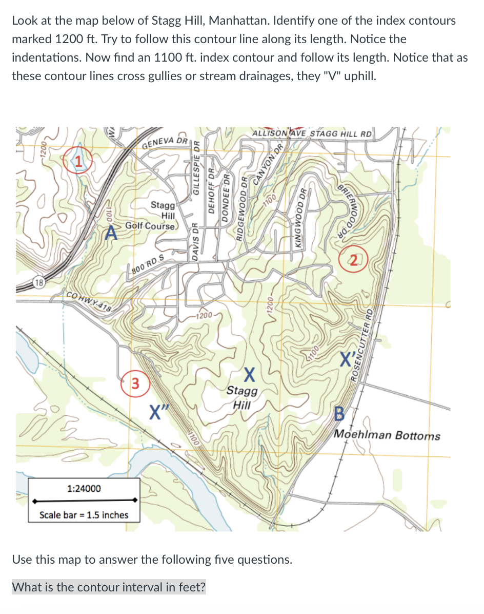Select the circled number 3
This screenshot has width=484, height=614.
[135, 383]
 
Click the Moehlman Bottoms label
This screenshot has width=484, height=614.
[387, 435]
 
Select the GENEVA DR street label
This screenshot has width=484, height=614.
[164, 142]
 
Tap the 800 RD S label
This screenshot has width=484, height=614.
[147, 266]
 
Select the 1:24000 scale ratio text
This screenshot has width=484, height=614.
[84, 488]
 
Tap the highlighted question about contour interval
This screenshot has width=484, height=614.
[108, 587]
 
